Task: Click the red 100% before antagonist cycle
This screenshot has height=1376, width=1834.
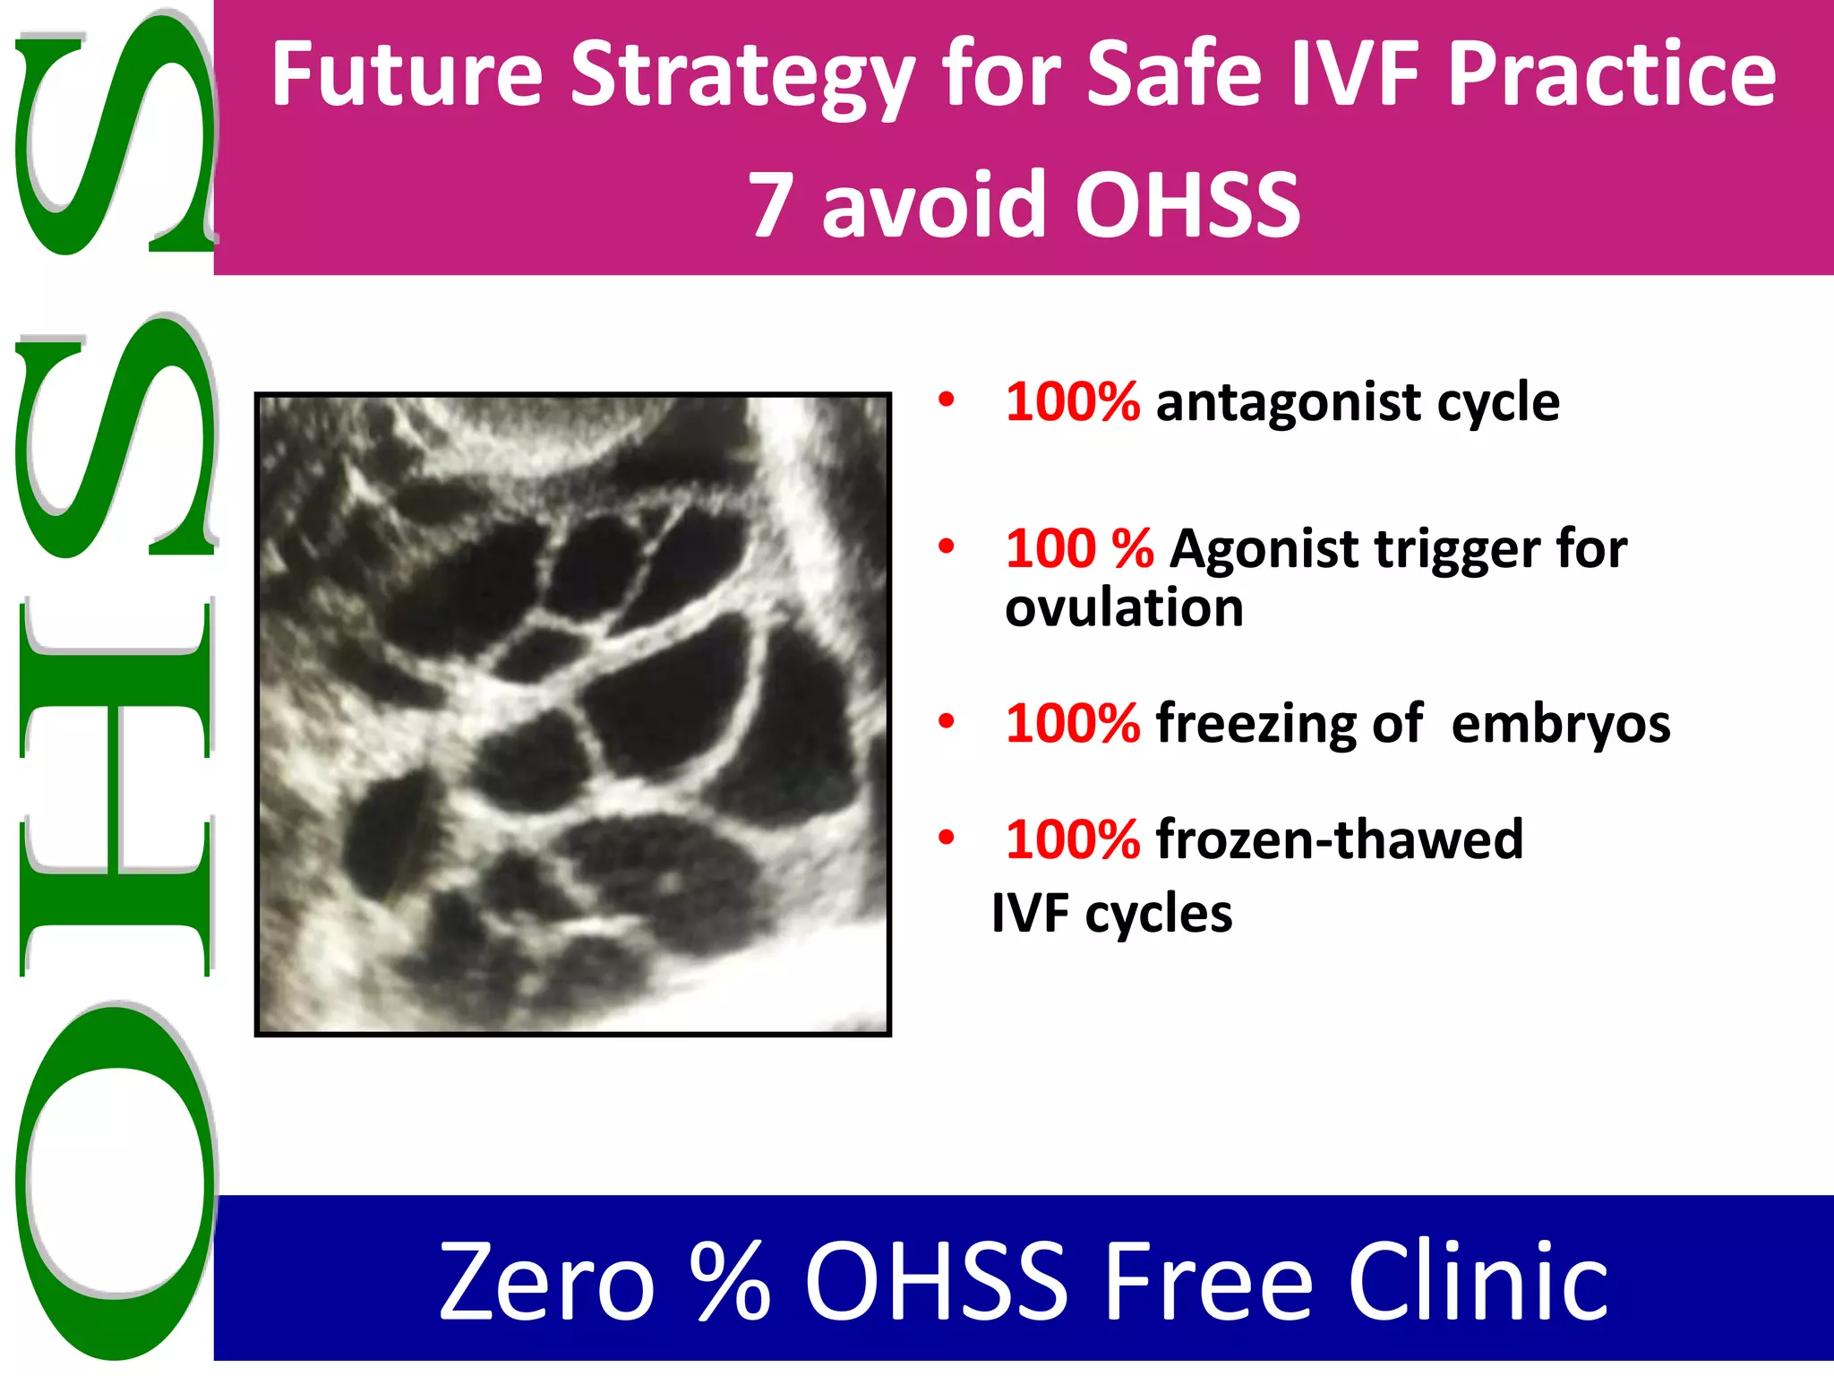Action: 1072,401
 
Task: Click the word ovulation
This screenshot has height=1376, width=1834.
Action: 1124,608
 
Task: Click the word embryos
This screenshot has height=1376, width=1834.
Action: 1560,724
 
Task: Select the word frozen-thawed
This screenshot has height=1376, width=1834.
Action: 1339,839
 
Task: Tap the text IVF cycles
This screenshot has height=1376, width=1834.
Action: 1111,915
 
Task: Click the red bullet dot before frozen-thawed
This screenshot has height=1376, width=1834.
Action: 946,838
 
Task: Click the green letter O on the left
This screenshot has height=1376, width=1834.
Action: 115,1181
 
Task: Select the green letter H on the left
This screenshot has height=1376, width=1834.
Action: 115,788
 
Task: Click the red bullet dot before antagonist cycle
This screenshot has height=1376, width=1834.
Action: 946,400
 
